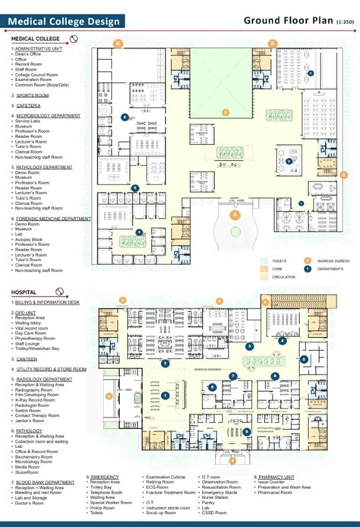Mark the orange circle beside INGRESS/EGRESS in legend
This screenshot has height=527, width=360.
(308, 259)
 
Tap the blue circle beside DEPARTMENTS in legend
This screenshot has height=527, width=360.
(308, 268)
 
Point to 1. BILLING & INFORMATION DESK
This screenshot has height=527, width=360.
(47, 302)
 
